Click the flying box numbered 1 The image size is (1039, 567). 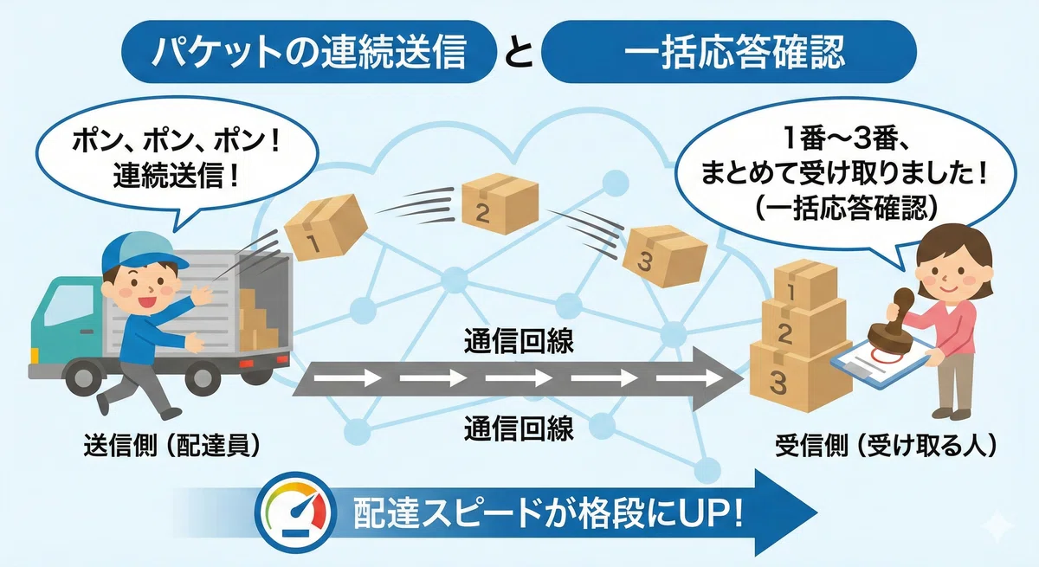(326, 227)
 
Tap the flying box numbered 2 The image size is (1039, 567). (500, 203)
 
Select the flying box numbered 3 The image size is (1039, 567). (664, 255)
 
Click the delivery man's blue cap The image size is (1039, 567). (139, 252)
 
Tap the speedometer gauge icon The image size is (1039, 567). (295, 512)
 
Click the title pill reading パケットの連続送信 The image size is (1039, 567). (309, 51)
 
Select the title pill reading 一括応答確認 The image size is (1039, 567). (729, 51)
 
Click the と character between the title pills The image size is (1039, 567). (519, 53)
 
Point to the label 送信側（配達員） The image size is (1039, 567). (171, 446)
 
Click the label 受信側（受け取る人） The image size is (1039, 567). (886, 446)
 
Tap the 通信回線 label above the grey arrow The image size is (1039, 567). (519, 341)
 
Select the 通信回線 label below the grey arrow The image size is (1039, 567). (519, 428)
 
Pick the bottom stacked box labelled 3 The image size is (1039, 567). (800, 377)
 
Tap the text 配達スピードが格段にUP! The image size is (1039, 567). (548, 513)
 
